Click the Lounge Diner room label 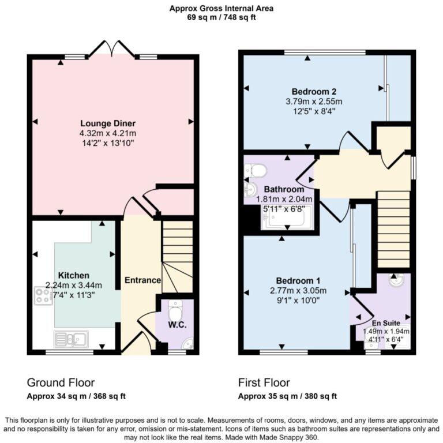[108, 123]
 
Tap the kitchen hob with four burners [43, 296]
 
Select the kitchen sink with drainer [71, 339]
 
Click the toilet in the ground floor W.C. [175, 310]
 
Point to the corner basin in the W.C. [188, 343]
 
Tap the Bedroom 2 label [314, 92]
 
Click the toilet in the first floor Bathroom [256, 170]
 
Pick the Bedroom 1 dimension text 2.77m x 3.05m [298, 291]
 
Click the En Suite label [386, 323]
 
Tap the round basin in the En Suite [396, 280]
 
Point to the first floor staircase [393, 230]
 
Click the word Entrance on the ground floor [142, 280]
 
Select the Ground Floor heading [61, 382]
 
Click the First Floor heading [264, 382]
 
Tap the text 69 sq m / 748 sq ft [221, 17]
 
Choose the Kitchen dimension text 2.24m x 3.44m [73, 286]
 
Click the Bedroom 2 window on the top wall [325, 52]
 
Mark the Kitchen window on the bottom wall [69, 352]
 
